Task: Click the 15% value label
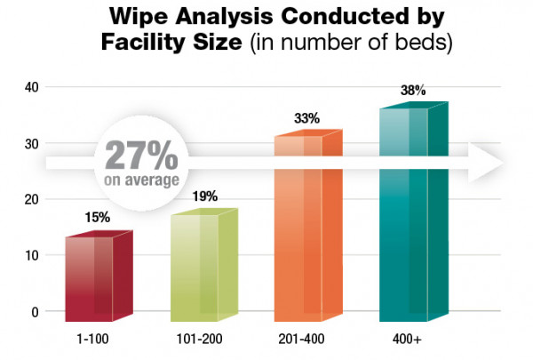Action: tap(98, 217)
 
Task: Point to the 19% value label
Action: tap(205, 196)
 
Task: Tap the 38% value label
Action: tap(413, 91)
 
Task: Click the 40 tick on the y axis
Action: tap(33, 86)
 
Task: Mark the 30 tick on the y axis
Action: tap(33, 143)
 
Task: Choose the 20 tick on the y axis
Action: tap(33, 199)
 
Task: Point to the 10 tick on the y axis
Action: tap(33, 256)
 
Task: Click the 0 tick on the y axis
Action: tap(36, 312)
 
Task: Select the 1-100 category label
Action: tap(94, 339)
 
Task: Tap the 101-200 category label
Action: tap(201, 339)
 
